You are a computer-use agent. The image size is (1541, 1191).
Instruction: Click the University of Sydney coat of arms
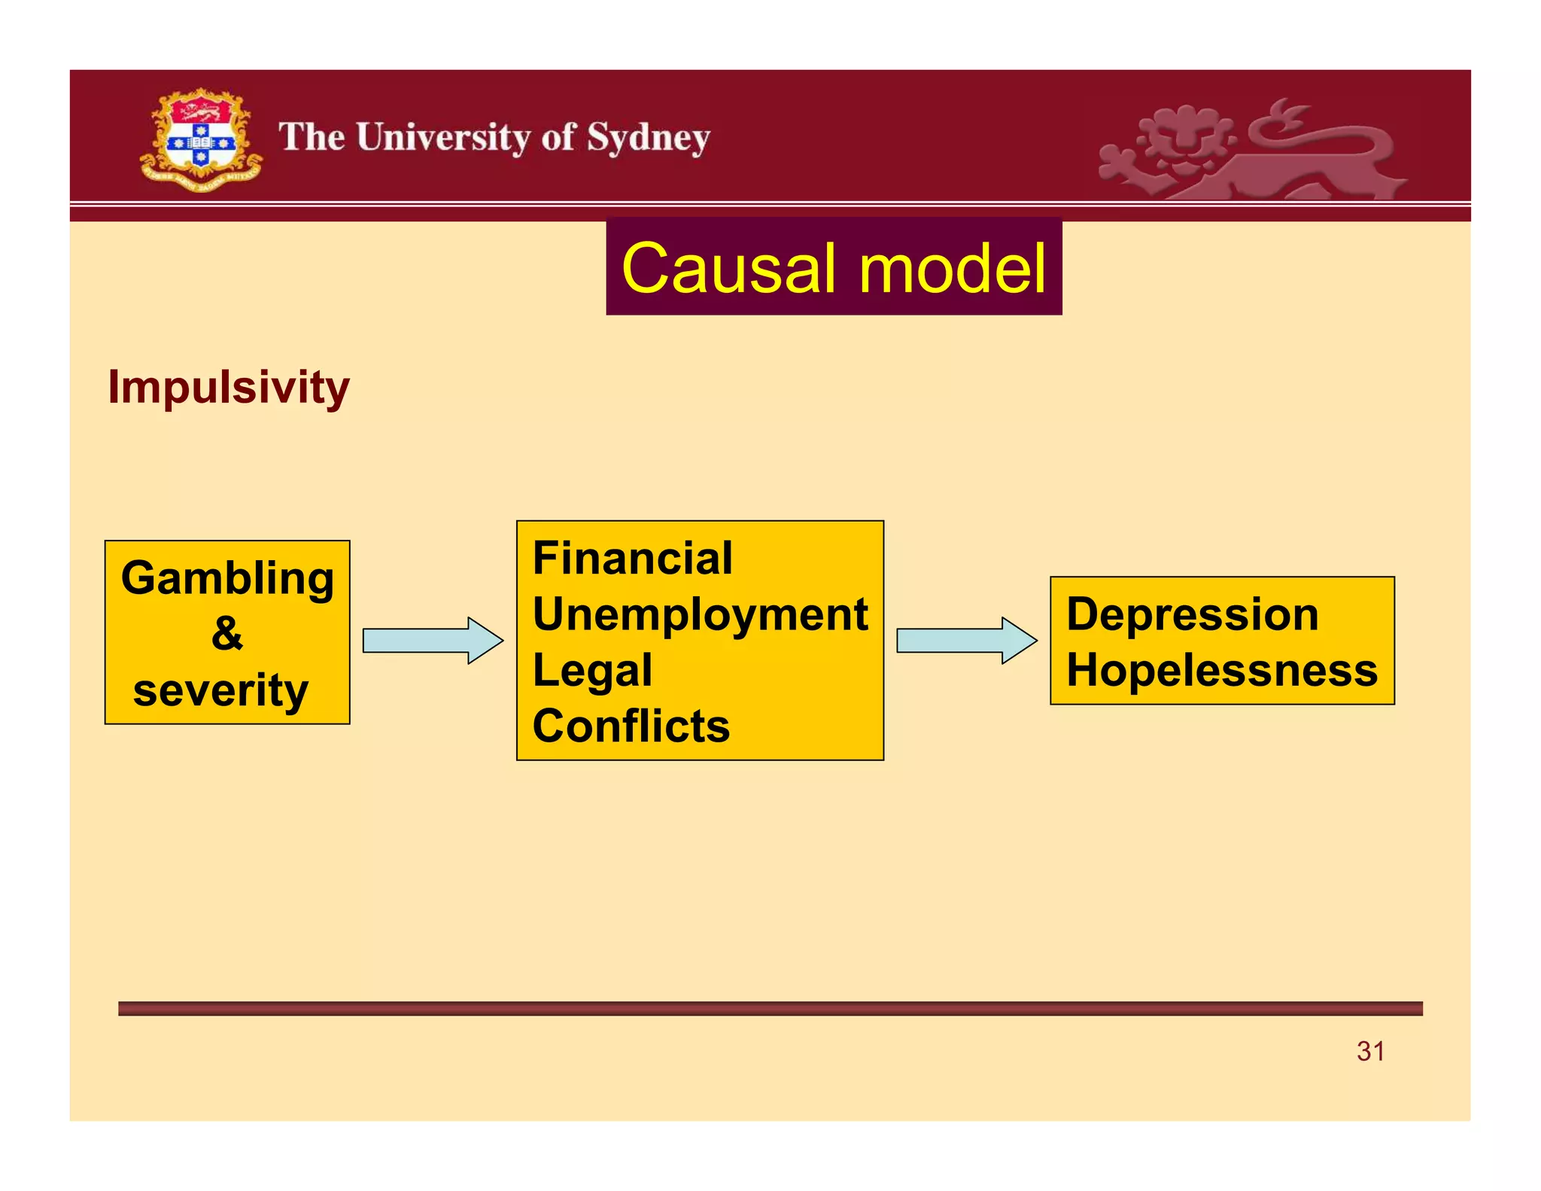point(200,140)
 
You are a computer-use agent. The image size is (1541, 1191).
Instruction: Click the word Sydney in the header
point(648,139)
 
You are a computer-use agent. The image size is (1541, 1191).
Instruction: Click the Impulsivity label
point(228,387)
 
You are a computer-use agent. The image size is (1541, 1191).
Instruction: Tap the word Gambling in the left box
point(227,578)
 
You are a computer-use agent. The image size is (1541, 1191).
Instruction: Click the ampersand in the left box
point(226,633)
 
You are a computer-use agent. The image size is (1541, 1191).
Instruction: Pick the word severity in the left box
point(220,690)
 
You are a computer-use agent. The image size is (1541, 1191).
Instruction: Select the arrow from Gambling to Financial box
point(432,641)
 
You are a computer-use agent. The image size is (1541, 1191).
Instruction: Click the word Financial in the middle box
point(632,558)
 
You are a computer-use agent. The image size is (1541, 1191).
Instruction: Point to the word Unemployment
point(700,614)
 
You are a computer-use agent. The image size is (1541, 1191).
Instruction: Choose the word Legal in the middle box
point(592,670)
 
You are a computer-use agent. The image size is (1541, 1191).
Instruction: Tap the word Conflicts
point(631,726)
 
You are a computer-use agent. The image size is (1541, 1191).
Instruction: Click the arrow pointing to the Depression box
point(966,641)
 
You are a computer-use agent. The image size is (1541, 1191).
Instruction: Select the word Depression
point(1192,614)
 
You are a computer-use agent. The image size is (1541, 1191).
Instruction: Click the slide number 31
point(1370,1051)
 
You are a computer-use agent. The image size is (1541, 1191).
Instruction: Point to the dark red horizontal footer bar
point(770,1009)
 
